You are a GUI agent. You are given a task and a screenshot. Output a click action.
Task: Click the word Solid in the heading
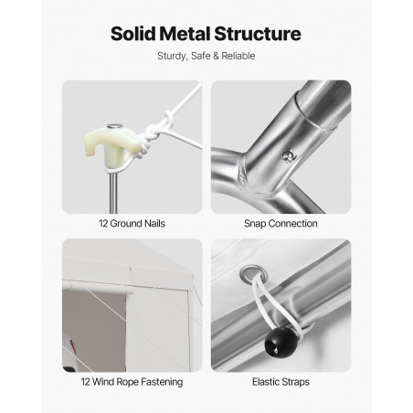(133, 34)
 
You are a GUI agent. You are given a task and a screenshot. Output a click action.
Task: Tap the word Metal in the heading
(185, 34)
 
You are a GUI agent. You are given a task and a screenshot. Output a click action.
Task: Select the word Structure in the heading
(258, 34)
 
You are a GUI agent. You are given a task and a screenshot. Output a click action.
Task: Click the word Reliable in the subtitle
(238, 56)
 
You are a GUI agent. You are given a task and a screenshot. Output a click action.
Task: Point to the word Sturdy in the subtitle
(172, 57)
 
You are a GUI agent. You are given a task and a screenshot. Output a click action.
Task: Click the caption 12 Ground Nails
(132, 224)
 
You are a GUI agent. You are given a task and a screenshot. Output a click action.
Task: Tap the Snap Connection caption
(281, 224)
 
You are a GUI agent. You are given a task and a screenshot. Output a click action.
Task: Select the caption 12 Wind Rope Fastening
(132, 382)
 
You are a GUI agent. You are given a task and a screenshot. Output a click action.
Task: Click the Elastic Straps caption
(281, 382)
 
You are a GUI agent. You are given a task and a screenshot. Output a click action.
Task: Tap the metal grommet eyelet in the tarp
(253, 274)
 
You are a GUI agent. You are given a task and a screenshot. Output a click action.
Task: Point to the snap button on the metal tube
(288, 156)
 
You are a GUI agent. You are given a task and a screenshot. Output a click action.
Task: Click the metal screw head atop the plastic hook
(114, 126)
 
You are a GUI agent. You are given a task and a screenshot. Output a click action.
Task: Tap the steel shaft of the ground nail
(113, 192)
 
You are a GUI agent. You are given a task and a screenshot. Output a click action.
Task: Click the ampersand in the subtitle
(216, 56)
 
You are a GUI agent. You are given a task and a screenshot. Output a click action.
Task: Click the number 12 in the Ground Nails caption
(103, 224)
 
